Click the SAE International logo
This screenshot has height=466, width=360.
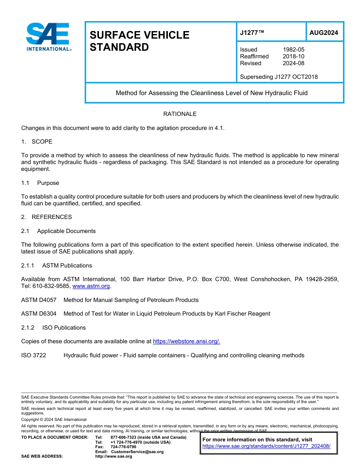[48, 37]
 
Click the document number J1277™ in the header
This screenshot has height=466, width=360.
[252, 33]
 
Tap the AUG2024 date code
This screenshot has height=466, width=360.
[324, 33]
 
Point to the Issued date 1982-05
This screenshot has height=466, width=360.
[293, 50]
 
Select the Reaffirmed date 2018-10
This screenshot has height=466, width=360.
[293, 56]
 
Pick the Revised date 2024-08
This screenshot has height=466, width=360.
[293, 63]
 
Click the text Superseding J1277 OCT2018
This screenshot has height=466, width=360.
[279, 77]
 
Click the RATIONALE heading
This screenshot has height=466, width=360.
[180, 114]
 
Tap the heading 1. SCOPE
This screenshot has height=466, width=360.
[37, 142]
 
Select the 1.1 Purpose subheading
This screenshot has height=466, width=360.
[40, 183]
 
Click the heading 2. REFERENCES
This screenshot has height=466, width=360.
[46, 217]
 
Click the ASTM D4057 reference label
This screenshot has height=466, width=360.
[39, 300]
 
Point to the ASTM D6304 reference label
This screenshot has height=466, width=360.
[39, 314]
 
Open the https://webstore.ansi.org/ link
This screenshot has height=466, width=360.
[186, 341]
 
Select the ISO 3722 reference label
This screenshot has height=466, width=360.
[34, 355]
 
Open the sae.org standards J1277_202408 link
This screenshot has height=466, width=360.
[266, 446]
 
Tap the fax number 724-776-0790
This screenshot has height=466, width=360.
[123, 447]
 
